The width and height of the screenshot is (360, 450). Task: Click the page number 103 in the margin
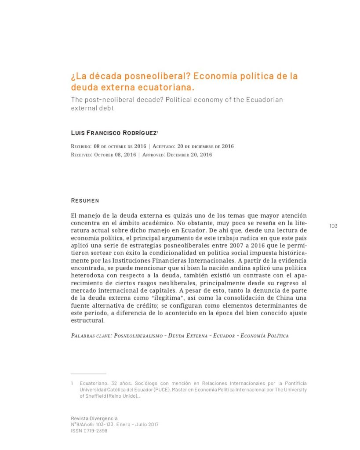tap(333, 226)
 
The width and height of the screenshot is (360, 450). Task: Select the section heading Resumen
tap(85, 200)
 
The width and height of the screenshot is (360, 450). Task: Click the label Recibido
tap(81, 146)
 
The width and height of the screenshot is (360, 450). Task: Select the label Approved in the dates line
tap(158, 155)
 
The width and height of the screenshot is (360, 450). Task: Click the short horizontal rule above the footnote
tap(88, 374)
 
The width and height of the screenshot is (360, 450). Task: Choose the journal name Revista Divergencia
tap(94, 418)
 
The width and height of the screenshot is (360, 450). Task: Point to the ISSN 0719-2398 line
tap(89, 431)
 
